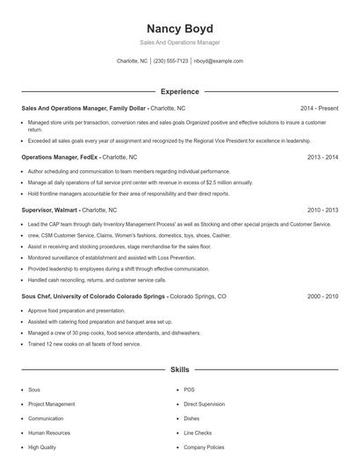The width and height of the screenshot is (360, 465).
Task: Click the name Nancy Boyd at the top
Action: click(x=180, y=28)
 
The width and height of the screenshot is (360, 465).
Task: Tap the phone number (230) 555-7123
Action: click(x=170, y=61)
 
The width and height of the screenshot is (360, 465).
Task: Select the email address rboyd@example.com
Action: click(x=219, y=61)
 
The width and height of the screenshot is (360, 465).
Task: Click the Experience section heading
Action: click(x=180, y=91)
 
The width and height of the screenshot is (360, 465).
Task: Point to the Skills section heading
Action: click(x=180, y=370)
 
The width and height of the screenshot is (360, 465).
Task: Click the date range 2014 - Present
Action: click(x=319, y=108)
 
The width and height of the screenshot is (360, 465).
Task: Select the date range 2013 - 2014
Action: click(x=322, y=157)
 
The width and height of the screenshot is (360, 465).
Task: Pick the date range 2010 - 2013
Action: click(x=322, y=211)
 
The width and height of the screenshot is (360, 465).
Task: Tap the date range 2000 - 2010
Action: click(x=322, y=297)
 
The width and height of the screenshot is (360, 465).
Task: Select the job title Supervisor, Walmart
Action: click(x=50, y=211)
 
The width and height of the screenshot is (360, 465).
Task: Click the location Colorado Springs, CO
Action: click(x=198, y=297)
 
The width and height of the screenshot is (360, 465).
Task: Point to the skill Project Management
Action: click(x=51, y=404)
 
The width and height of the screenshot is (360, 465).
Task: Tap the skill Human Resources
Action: click(x=48, y=433)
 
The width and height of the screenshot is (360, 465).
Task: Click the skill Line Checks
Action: click(x=198, y=433)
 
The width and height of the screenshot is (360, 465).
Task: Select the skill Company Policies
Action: click(x=204, y=447)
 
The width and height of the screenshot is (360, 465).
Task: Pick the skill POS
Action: click(x=189, y=390)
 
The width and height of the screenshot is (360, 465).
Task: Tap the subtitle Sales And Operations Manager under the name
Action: click(x=180, y=42)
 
